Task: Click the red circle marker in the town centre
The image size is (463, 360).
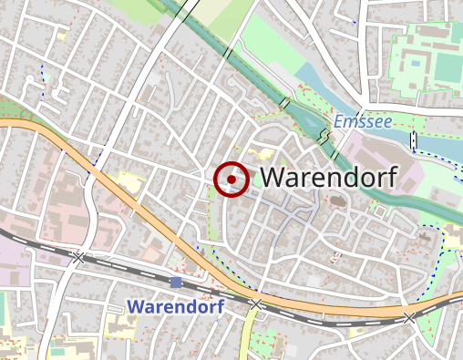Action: point(231,180)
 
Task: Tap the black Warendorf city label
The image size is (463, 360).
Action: point(328,179)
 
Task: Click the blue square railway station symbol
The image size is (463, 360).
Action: point(176,283)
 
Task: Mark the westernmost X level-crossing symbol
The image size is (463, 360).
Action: point(78,258)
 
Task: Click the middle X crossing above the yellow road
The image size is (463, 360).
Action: point(256,303)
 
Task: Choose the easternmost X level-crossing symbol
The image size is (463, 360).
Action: point(409,317)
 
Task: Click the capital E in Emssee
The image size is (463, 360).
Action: point(338,121)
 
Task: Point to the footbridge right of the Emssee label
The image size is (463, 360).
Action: point(413,139)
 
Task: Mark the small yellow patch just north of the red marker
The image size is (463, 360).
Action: point(267,154)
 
